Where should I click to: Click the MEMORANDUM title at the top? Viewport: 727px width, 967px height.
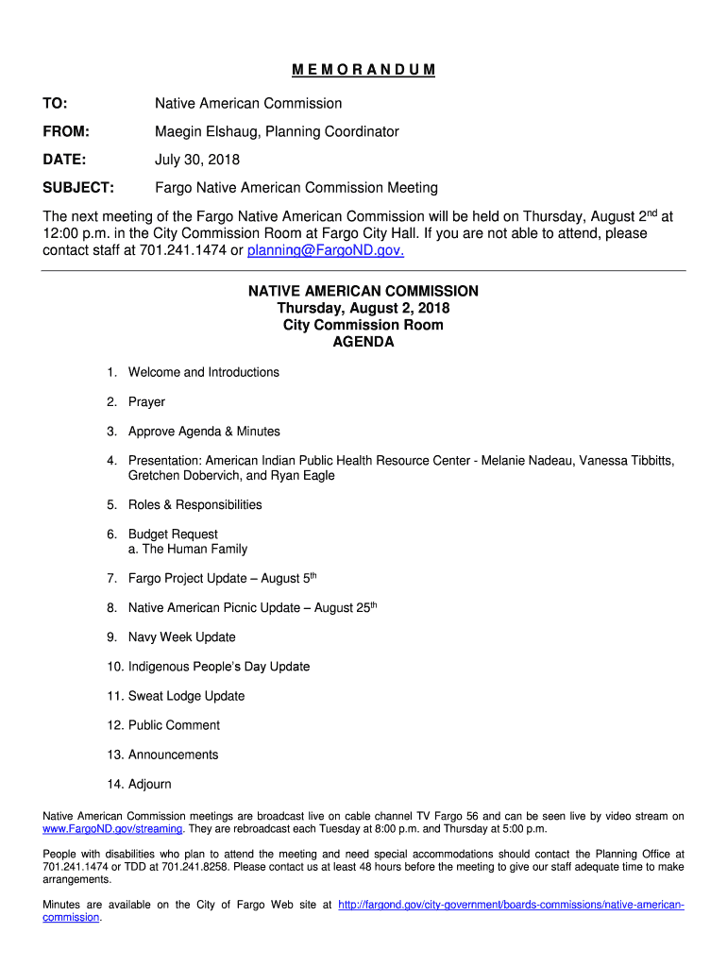click(x=363, y=70)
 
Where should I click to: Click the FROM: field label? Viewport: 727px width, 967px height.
click(x=66, y=131)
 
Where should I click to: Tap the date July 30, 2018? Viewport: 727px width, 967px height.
click(x=197, y=160)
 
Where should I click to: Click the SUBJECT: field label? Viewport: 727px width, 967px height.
click(x=78, y=188)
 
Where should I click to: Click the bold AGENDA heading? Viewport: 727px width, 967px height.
click(x=363, y=342)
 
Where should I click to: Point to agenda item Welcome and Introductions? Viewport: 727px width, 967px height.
click(x=204, y=372)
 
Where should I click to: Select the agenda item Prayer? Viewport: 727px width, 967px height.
click(x=146, y=401)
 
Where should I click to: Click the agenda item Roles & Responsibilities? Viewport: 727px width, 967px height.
click(x=194, y=504)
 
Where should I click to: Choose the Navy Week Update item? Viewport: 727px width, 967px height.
click(x=182, y=636)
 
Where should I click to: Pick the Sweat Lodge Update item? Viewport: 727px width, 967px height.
click(x=186, y=696)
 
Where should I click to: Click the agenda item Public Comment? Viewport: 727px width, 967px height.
click(x=174, y=725)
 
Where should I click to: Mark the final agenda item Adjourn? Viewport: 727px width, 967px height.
click(x=150, y=784)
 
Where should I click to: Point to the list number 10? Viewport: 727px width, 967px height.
click(x=114, y=667)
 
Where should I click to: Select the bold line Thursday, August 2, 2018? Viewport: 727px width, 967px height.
click(x=363, y=308)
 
